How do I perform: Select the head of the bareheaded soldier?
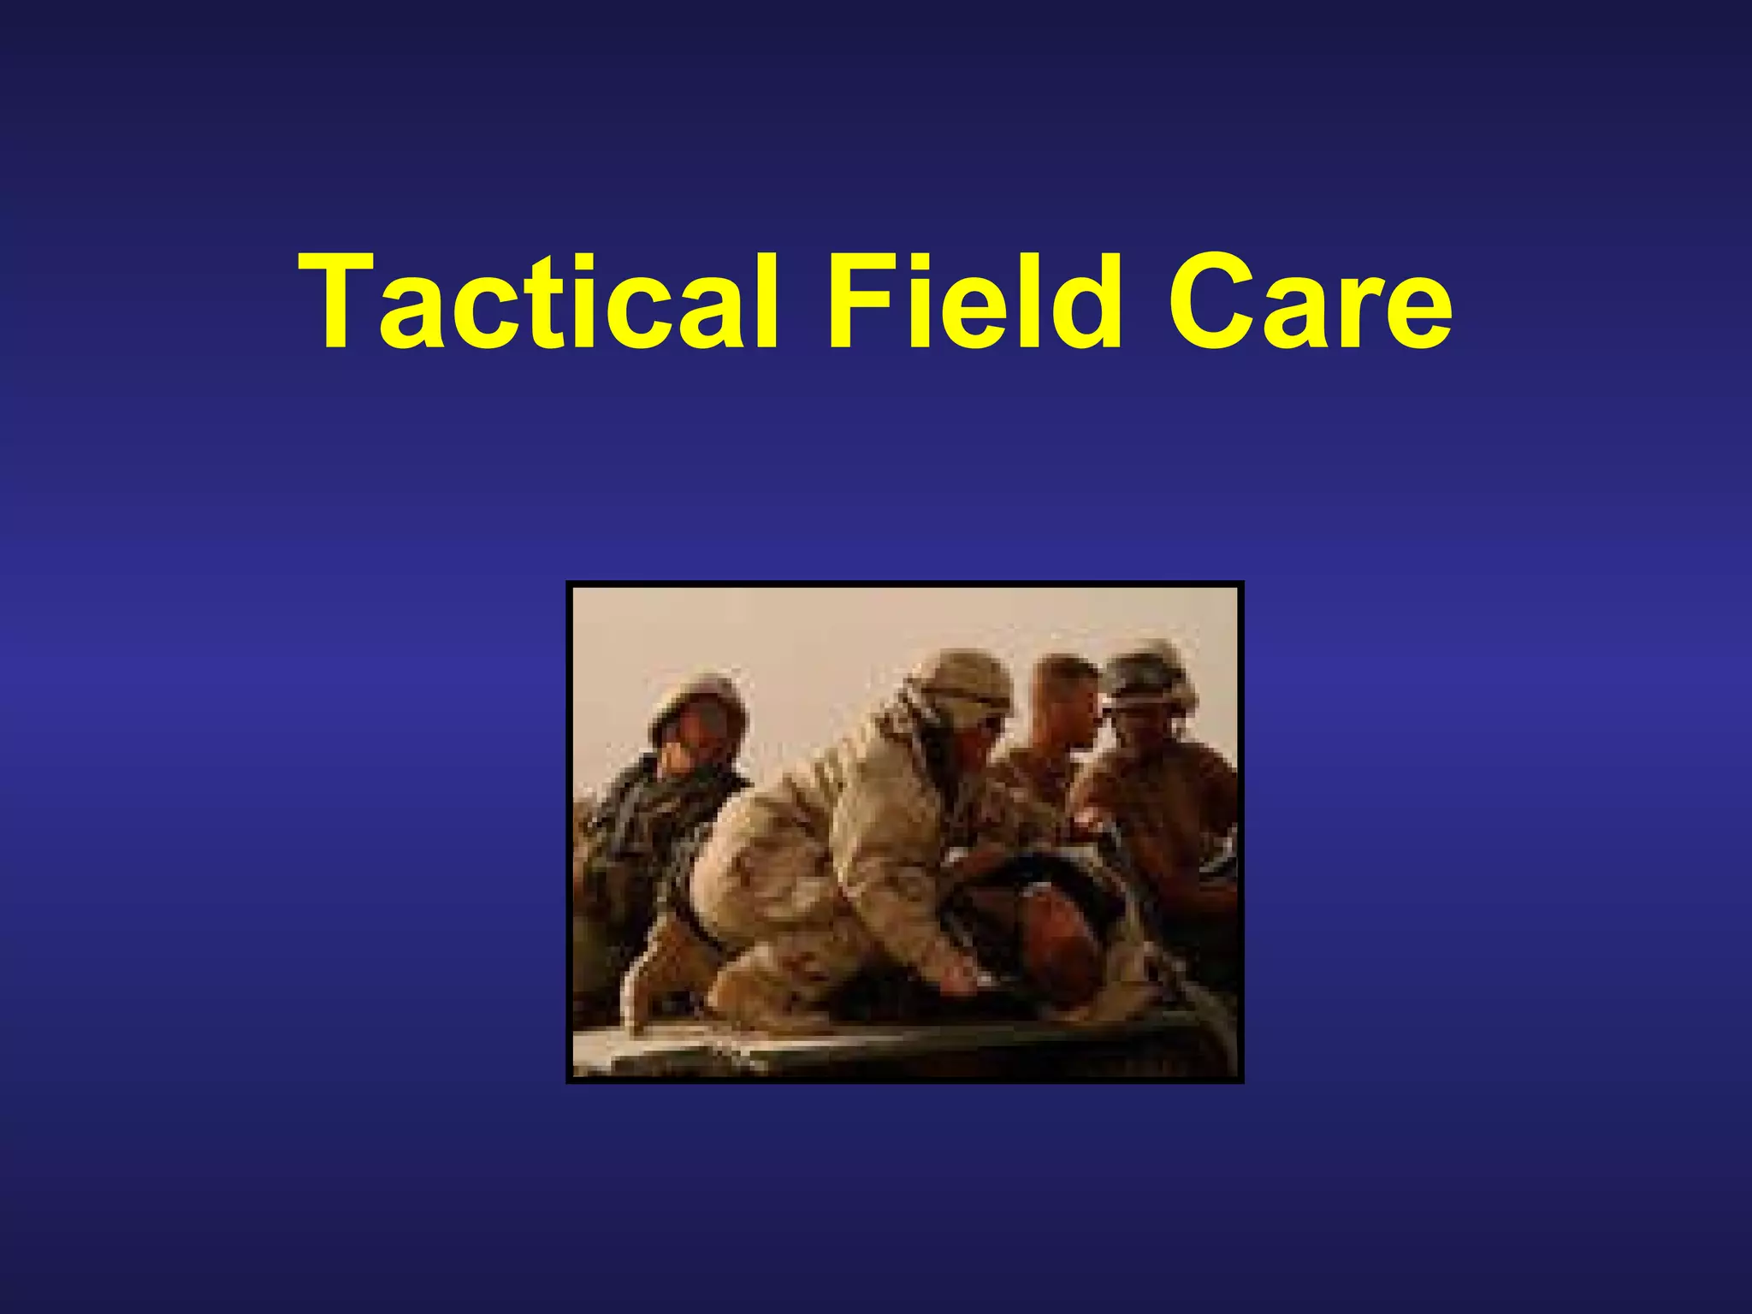[x=1065, y=697]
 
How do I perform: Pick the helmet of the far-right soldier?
[x=1146, y=676]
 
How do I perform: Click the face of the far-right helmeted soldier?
[x=1142, y=727]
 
